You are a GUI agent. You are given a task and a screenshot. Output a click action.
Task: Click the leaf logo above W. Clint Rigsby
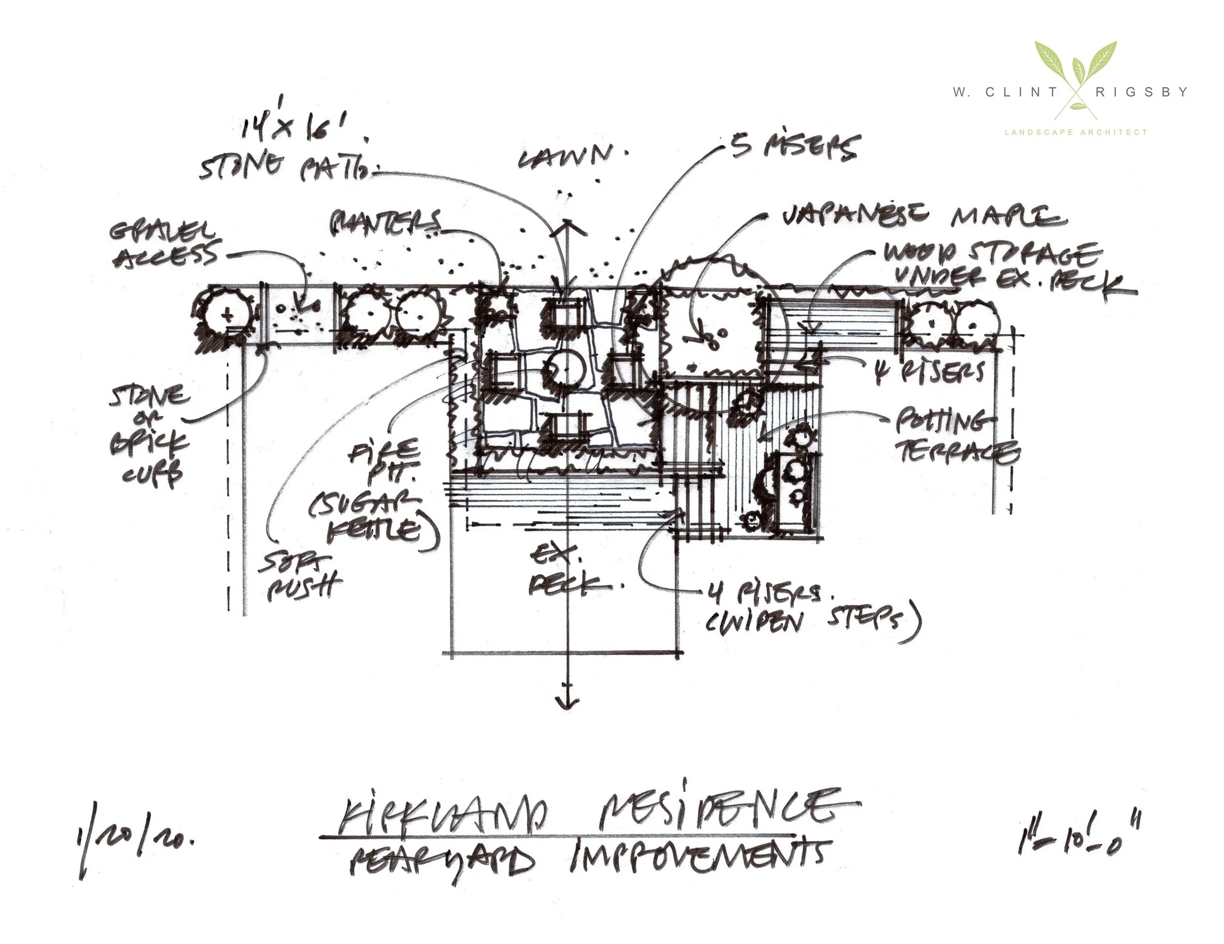(x=1076, y=71)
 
